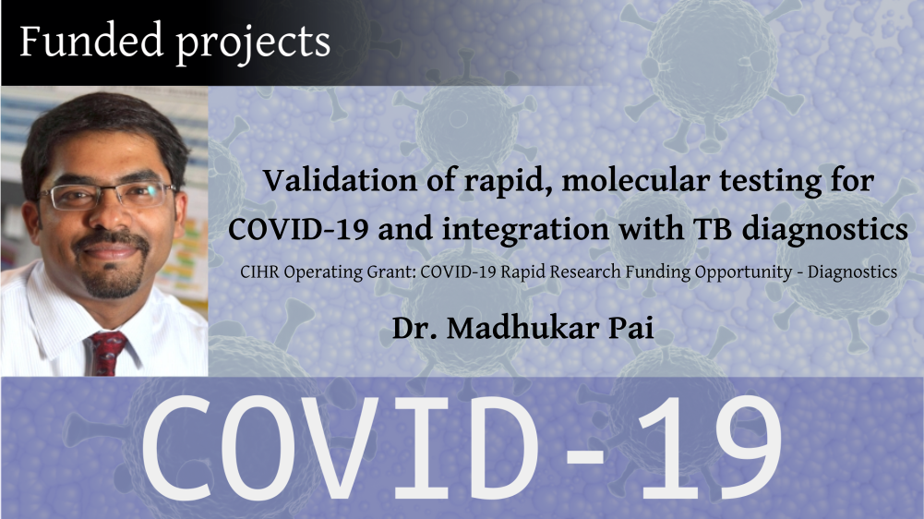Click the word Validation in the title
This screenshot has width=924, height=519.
coord(340,180)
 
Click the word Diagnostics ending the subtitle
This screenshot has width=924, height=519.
coord(852,273)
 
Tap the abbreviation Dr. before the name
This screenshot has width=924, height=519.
coord(414,329)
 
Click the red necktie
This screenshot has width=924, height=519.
coord(107,353)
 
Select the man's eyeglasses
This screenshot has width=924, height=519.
coord(107,197)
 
